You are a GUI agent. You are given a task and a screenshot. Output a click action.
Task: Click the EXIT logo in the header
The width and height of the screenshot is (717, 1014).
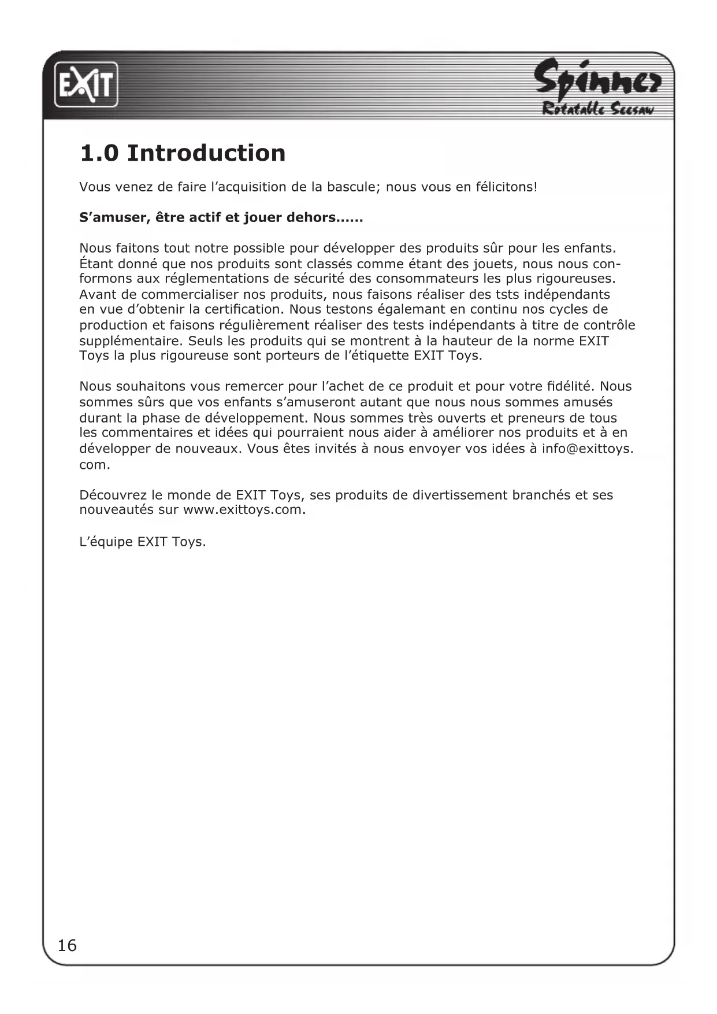(x=86, y=85)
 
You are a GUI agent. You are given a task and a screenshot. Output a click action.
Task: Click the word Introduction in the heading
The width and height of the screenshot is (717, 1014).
(x=206, y=153)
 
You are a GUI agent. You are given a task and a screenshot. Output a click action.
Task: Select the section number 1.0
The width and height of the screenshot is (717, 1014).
(x=99, y=153)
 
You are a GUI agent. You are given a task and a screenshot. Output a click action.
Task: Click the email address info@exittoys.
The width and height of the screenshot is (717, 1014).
(x=586, y=449)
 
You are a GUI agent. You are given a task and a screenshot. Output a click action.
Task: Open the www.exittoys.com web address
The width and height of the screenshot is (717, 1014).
(x=243, y=510)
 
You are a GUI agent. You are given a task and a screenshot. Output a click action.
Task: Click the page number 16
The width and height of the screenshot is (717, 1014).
(x=67, y=945)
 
